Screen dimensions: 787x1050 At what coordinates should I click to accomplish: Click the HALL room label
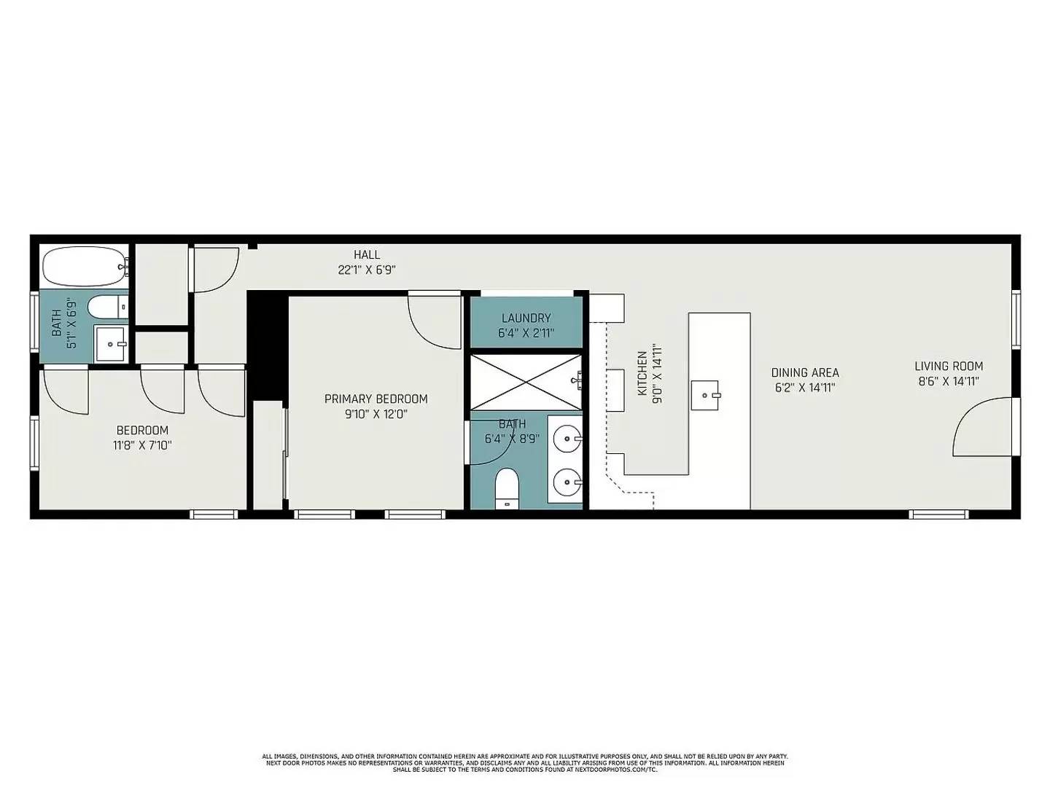pos(367,254)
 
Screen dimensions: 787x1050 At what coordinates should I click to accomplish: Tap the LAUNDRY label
pos(526,318)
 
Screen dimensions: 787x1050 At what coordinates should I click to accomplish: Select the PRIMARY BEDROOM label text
pos(376,399)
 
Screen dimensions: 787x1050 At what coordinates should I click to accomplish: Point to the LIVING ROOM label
pos(949,367)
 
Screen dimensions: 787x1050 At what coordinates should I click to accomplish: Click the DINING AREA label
pos(805,373)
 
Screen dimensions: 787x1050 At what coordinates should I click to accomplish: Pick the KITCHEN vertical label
pos(642,374)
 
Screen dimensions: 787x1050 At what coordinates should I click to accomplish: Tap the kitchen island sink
pos(705,395)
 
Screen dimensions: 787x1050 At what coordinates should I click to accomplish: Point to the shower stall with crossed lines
pos(525,382)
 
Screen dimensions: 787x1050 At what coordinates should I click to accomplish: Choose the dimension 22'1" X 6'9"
pos(367,269)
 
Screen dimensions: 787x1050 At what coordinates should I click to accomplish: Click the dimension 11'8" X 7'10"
pos(142,445)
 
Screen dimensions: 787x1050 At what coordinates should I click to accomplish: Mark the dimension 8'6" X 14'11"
pos(948,381)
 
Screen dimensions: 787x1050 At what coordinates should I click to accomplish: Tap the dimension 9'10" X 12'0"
pos(376,414)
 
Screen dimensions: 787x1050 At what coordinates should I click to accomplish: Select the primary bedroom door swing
pos(433,321)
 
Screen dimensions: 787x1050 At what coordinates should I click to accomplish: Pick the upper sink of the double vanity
pos(566,439)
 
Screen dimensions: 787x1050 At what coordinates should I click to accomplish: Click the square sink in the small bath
pos(111,343)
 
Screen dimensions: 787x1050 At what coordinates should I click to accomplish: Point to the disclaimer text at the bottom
pos(525,763)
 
